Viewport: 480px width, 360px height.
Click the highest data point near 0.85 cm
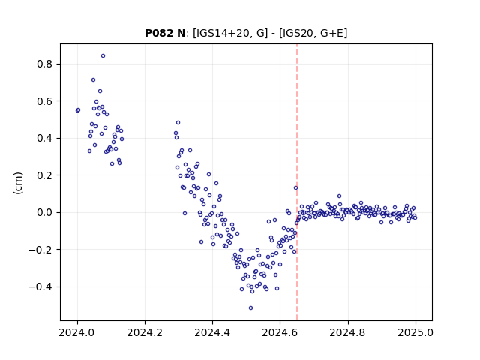(x=103, y=56)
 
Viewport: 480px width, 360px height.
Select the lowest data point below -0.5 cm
(x=250, y=308)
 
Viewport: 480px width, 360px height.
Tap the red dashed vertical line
(x=297, y=182)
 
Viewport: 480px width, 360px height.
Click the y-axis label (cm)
(x=18, y=183)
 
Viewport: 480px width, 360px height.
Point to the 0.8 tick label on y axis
(x=45, y=64)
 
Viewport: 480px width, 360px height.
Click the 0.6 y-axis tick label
(x=45, y=101)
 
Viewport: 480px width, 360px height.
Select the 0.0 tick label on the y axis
(x=45, y=212)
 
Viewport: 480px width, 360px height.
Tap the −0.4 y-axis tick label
(x=41, y=286)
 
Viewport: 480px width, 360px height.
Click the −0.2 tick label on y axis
(x=41, y=250)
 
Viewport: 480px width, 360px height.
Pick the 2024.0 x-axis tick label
(x=77, y=332)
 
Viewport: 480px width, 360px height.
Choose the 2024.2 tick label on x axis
(x=145, y=332)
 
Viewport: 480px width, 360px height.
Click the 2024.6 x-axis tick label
(x=280, y=332)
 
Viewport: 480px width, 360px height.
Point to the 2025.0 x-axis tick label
(x=415, y=332)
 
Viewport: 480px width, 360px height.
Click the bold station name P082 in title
(x=157, y=33)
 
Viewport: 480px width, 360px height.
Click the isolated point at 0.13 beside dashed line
(x=295, y=188)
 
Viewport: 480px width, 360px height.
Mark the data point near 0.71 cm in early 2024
(x=93, y=80)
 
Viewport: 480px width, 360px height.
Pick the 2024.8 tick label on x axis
(x=347, y=332)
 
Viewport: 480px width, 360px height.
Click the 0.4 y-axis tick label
(x=45, y=138)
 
